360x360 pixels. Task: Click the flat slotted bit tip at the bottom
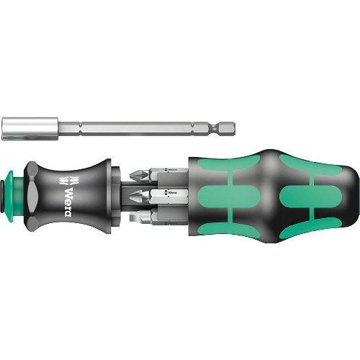click(134, 217)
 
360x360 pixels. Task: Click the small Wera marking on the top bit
click(171, 171)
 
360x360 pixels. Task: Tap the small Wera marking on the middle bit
click(171, 192)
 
